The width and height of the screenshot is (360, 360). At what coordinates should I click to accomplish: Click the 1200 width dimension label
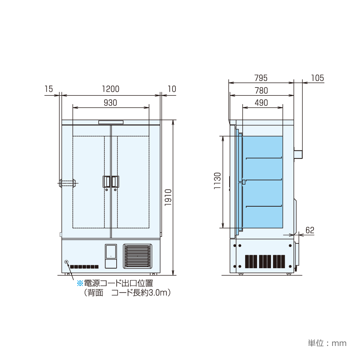pyautogui.click(x=111, y=89)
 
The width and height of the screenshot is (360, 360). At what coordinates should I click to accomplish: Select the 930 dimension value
pyautogui.click(x=111, y=103)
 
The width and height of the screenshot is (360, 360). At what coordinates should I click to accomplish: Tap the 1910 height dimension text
pyautogui.click(x=168, y=197)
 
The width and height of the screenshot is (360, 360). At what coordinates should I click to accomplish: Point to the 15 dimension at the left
pyautogui.click(x=49, y=89)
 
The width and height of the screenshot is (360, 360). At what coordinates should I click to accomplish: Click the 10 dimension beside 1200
pyautogui.click(x=172, y=89)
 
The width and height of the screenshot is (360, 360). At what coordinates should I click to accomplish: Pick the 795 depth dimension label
pyautogui.click(x=261, y=78)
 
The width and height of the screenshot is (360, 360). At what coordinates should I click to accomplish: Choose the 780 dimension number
pyautogui.click(x=261, y=90)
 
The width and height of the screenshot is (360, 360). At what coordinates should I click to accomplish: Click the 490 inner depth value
pyautogui.click(x=261, y=103)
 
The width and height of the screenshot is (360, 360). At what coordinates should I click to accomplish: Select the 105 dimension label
pyautogui.click(x=318, y=78)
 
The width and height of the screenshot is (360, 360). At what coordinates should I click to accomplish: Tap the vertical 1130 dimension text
pyautogui.click(x=217, y=181)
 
